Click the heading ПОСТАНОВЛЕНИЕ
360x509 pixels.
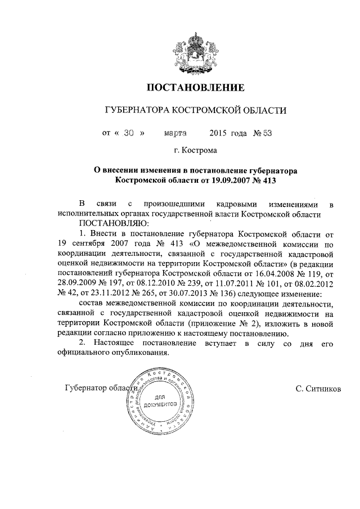[195, 88]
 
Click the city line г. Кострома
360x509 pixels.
[195, 150]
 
